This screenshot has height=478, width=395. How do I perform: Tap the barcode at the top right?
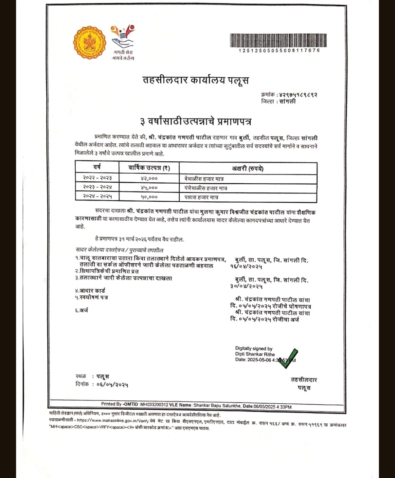(278, 40)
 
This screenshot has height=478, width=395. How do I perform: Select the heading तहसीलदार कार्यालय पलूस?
(196, 80)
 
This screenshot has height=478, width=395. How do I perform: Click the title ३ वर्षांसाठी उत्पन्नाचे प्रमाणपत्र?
(196, 122)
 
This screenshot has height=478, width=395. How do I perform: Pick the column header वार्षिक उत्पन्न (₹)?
(149, 168)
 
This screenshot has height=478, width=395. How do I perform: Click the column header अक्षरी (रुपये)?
(248, 168)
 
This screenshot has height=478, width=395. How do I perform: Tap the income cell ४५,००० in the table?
(149, 188)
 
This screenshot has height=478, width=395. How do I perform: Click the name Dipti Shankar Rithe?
(255, 354)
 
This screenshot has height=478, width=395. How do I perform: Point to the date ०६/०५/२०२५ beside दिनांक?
(112, 384)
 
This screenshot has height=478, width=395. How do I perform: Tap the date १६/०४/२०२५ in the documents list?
(246, 267)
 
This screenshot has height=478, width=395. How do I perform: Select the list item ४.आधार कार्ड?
(90, 291)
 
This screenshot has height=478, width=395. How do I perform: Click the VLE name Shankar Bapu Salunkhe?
(217, 406)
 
